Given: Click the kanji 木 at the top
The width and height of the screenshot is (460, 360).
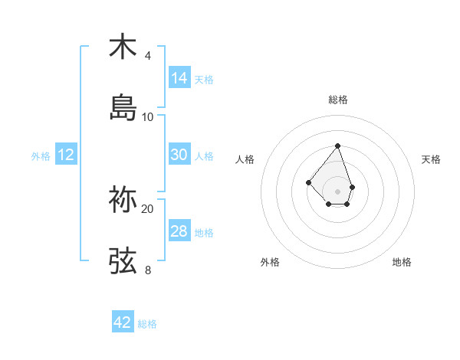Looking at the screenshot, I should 123,47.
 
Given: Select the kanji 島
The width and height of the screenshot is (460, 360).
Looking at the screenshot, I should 123,108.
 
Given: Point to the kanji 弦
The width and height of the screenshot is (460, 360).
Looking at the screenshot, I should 123,261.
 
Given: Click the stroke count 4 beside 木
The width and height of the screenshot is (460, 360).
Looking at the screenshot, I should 147,56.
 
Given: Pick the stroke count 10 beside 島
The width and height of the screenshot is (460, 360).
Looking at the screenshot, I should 148,117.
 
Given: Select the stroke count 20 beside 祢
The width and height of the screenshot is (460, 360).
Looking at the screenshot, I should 148,209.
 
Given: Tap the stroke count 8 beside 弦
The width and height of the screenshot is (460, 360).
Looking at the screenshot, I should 147,270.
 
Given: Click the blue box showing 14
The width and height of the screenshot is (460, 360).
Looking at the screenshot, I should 179,78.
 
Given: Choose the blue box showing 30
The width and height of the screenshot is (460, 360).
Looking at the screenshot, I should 179,155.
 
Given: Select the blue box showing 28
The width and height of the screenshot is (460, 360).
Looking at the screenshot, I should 179,231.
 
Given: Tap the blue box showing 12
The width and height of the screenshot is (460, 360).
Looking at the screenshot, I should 66,155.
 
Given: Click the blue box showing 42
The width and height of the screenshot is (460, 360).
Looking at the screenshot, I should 123,322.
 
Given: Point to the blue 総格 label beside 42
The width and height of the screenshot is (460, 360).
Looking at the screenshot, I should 147,324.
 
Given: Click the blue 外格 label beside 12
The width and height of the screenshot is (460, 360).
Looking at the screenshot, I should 41,156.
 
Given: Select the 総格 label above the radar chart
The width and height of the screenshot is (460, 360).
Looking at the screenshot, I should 338,100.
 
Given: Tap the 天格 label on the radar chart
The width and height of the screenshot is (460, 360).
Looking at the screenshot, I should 431,159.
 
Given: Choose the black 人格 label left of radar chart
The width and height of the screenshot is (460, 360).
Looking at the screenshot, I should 245,159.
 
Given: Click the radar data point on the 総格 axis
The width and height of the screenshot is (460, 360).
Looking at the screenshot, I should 337,146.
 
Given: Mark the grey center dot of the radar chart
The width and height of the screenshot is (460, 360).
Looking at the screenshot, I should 337,191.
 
